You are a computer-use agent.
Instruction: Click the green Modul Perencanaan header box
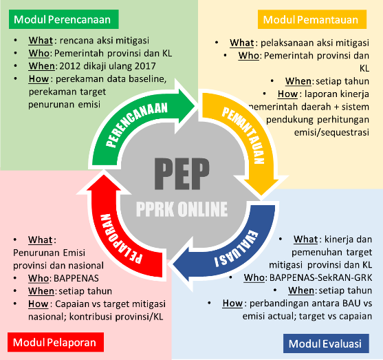(x=64, y=19)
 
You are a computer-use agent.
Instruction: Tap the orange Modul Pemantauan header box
(x=312, y=19)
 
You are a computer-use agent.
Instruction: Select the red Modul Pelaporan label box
(x=56, y=342)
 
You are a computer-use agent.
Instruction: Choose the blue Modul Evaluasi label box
(x=326, y=343)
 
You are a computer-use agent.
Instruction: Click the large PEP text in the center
(x=182, y=173)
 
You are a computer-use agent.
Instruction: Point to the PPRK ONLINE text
(x=182, y=209)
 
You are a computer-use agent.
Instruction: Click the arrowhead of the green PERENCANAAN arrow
(x=187, y=106)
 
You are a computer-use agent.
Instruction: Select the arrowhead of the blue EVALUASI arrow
(x=182, y=265)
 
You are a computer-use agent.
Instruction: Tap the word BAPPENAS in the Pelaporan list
(x=76, y=278)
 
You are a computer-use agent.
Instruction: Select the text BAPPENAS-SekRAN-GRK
(x=320, y=277)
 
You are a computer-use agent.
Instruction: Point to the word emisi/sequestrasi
(x=331, y=132)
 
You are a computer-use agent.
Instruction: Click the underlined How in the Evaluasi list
(x=232, y=304)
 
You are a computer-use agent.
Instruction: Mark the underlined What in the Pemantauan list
(x=242, y=43)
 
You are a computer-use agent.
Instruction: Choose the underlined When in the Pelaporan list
(x=41, y=291)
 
